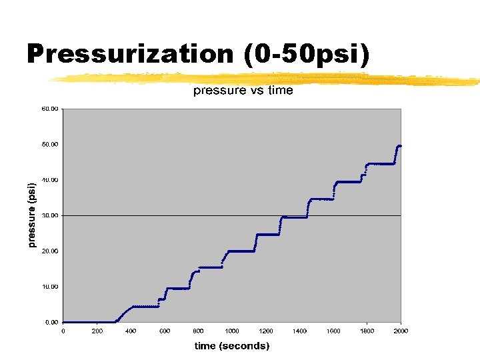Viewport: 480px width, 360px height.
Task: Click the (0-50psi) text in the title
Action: pyautogui.click(x=307, y=53)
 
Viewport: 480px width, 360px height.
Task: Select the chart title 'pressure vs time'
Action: pyautogui.click(x=243, y=91)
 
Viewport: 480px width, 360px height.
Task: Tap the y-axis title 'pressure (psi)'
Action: pyautogui.click(x=31, y=215)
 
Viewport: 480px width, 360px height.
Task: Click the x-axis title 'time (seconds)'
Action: pyautogui.click(x=232, y=345)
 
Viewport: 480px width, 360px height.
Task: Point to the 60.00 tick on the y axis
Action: pyautogui.click(x=50, y=109)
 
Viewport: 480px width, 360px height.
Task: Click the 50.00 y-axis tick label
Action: pyautogui.click(x=50, y=144)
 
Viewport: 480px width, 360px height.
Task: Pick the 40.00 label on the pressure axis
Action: pyautogui.click(x=50, y=180)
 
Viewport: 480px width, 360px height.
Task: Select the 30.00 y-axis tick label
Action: pyautogui.click(x=50, y=215)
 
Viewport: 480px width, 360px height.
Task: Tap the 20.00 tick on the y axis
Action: pyautogui.click(x=50, y=251)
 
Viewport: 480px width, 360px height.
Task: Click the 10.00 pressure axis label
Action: pyautogui.click(x=50, y=287)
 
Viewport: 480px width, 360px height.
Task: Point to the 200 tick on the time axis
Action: pyautogui.click(x=97, y=331)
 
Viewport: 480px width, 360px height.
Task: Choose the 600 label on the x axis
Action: pyautogui.click(x=165, y=331)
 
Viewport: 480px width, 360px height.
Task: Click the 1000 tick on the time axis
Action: pyautogui.click(x=232, y=331)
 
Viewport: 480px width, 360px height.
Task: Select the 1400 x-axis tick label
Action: pyautogui.click(x=299, y=331)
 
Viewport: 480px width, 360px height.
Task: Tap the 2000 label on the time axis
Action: pyautogui.click(x=401, y=331)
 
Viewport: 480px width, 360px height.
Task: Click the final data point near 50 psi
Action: pyautogui.click(x=399, y=146)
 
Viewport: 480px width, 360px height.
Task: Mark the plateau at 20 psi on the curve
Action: pyautogui.click(x=241, y=251)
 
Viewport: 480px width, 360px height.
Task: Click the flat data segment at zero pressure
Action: pyautogui.click(x=87, y=322)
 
